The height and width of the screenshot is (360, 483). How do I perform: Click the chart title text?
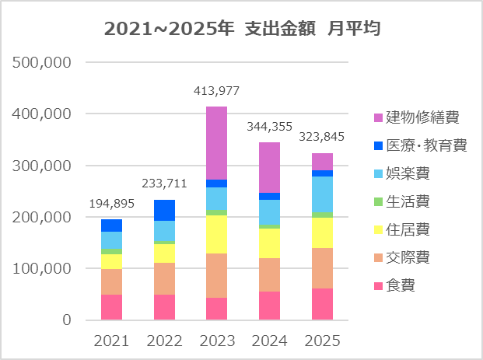242,29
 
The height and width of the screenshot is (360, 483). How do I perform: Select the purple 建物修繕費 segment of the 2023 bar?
216,143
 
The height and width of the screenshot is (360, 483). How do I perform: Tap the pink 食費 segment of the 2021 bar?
111,307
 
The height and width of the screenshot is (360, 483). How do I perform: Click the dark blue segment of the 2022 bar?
164,211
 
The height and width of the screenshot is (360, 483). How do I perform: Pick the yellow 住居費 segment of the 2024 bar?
270,243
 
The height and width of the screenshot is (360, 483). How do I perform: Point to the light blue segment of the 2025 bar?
322,194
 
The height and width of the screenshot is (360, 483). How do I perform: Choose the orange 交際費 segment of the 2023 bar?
216,275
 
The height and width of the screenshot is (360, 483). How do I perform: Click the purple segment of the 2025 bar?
322,162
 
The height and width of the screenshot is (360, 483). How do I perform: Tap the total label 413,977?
216,91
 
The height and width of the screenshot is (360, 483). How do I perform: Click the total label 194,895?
111,204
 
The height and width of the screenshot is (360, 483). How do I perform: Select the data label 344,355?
270,127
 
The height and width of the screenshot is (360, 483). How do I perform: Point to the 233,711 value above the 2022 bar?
164,183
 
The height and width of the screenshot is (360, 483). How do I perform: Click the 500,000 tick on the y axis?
41,62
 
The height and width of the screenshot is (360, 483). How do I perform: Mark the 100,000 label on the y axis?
41,268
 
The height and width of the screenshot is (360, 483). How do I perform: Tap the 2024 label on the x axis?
270,341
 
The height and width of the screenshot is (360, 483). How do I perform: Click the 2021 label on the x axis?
111,341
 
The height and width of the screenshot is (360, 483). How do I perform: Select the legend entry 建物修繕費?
416,117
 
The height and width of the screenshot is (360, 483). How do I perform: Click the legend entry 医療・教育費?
421,145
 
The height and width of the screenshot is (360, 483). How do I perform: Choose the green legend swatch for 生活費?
378,201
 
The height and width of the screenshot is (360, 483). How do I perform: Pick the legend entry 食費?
394,286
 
